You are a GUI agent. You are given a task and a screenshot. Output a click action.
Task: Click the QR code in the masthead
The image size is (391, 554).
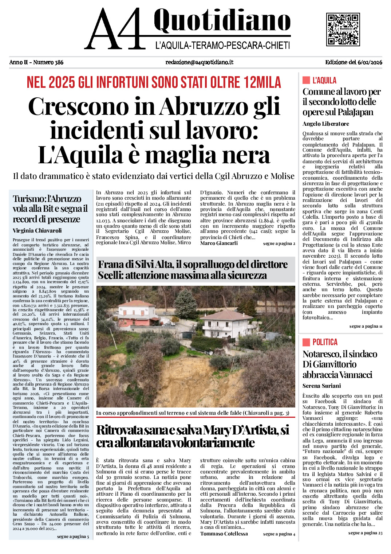[x=343, y=29]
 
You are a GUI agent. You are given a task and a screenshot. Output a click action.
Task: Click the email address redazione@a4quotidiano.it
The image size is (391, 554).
[x=199, y=62]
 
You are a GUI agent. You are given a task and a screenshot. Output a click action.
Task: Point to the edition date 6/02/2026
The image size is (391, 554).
[x=370, y=62]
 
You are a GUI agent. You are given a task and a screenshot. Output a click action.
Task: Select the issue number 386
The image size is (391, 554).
[x=59, y=62]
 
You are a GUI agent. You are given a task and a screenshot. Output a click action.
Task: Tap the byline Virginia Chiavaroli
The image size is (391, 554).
[x=37, y=230]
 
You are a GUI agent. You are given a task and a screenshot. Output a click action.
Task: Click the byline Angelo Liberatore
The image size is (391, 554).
[x=325, y=124]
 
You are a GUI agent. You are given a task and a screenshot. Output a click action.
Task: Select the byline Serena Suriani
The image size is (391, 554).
[x=321, y=386]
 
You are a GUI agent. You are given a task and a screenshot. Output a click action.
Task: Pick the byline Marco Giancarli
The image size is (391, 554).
[x=219, y=243]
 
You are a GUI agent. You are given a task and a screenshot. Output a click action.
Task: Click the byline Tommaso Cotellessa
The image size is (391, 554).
[x=224, y=534]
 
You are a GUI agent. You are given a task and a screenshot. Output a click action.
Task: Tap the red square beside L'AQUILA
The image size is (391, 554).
[x=306, y=80]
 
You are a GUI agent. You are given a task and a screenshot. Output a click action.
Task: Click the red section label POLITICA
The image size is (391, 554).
[x=325, y=342]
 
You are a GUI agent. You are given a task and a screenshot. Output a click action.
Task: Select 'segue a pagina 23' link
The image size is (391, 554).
[x=365, y=533]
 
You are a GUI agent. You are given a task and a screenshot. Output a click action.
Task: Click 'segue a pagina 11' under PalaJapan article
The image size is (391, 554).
[x=366, y=326]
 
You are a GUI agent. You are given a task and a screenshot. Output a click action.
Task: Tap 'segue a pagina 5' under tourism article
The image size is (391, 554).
[x=73, y=537]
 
